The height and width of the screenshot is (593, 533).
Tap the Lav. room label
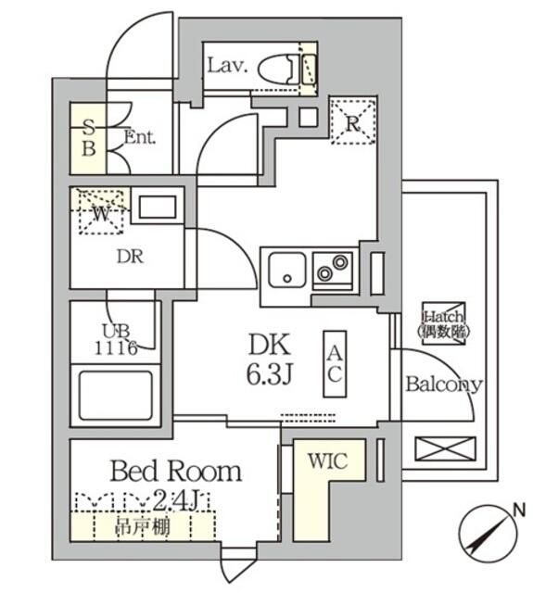pos(225,66)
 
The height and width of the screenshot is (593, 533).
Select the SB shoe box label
pos(89,137)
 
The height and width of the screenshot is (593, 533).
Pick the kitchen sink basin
pos(286,271)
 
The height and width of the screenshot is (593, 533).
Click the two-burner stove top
pos(331,268)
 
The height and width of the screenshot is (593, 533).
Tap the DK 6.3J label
pos(269,360)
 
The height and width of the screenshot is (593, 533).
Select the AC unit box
pos(335,363)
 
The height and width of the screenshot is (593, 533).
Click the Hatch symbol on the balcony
pos(444,322)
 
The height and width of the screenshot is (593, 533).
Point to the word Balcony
pos(442,385)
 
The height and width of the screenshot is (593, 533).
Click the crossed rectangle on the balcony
pos(443,451)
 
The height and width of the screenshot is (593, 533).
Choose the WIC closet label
pos(327,461)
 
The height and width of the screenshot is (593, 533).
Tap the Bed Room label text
pos(175,471)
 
